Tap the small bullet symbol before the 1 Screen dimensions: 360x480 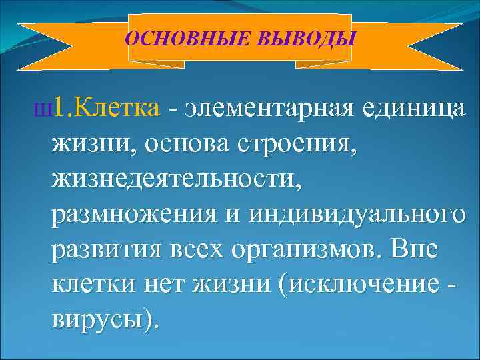[x=46, y=109]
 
